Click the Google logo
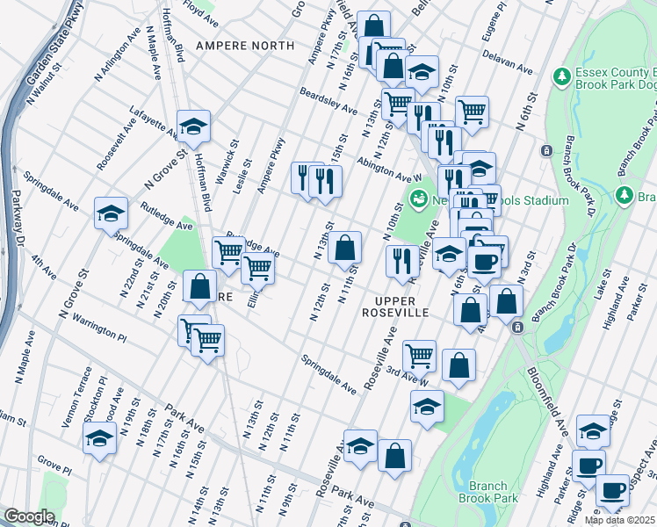click(29, 516)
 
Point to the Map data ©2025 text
click(619, 520)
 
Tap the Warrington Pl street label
click(99, 329)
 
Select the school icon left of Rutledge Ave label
click(112, 213)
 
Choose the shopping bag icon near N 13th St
click(346, 245)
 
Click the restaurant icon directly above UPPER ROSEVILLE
click(399, 260)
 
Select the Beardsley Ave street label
click(328, 102)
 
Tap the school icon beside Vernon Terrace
click(100, 438)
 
